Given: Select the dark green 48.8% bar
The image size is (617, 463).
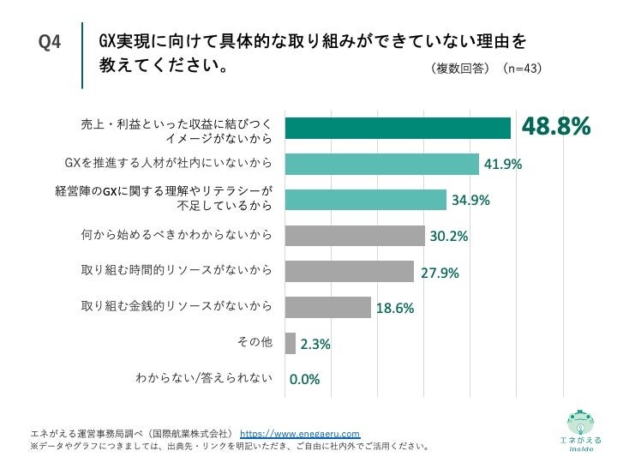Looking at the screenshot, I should click(x=398, y=128).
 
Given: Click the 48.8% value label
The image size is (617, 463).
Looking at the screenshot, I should click(x=557, y=127).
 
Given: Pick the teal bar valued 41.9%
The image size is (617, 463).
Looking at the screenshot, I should click(x=381, y=163).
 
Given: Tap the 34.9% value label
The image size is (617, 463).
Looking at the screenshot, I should click(x=470, y=200).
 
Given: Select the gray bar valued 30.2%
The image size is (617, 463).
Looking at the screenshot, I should click(x=355, y=236).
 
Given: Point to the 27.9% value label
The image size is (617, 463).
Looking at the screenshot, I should click(x=440, y=274).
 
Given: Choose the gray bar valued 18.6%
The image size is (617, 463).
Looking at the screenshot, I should click(x=327, y=308).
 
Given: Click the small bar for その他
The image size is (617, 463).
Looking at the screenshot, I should click(x=290, y=344).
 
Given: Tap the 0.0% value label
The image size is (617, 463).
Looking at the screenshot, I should click(x=304, y=381).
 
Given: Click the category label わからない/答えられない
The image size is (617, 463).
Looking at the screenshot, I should click(x=204, y=377).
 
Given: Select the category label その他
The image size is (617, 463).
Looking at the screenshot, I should click(x=254, y=342).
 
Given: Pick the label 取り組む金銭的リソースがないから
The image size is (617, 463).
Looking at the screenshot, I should click(x=177, y=306).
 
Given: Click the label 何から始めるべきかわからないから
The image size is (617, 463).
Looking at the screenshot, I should click(x=177, y=234).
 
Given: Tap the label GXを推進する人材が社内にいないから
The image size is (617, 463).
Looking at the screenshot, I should click(x=169, y=162).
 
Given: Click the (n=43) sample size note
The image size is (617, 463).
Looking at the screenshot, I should click(x=522, y=68).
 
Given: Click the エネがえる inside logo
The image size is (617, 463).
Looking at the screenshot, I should click(x=580, y=429).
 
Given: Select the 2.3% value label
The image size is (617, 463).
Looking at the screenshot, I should click(x=314, y=345).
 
